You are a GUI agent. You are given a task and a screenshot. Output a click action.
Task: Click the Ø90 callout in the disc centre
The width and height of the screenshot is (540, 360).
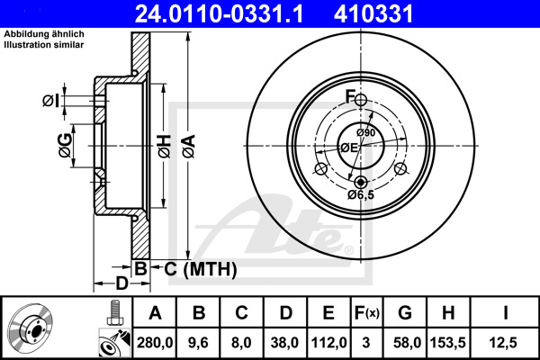pyautogui.click(x=364, y=134)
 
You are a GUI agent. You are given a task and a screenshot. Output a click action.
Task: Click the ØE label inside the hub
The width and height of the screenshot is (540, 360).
pyautogui.click(x=348, y=148)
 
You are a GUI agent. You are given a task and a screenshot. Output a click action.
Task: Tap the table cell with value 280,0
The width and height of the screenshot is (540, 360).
pyautogui.click(x=154, y=341)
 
